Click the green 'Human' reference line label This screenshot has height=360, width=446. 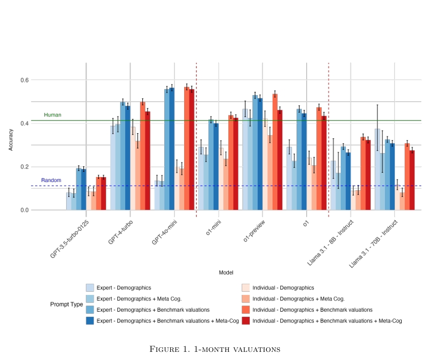(x=52, y=115)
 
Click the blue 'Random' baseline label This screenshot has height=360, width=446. (x=51, y=181)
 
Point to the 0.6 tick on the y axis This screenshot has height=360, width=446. (x=24, y=80)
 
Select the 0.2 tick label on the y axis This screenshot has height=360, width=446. (x=24, y=167)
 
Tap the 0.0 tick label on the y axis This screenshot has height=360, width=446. (x=24, y=210)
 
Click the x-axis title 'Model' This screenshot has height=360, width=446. (x=226, y=273)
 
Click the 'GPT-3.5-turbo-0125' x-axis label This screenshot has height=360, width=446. (x=70, y=239)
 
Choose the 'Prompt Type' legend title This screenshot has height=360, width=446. (x=67, y=305)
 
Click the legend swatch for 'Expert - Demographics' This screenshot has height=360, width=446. (x=90, y=288)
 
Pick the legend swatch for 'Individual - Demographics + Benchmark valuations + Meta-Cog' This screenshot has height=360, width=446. (x=246, y=321)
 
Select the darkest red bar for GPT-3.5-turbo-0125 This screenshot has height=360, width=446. (x=103, y=194)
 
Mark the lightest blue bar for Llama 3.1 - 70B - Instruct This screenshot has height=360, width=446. (x=377, y=169)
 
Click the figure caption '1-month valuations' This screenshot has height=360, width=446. (x=216, y=349)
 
